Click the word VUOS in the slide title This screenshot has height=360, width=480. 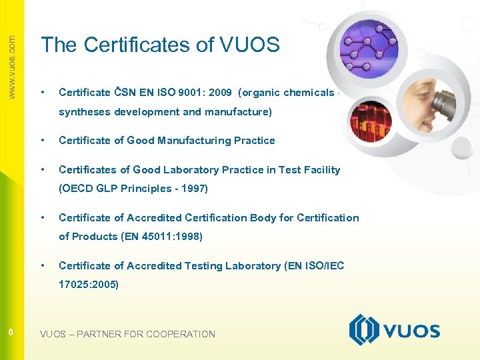click(249, 45)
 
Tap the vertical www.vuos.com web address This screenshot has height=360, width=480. click(12, 67)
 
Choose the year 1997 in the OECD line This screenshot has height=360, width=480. click(197, 188)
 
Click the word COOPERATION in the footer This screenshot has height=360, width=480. click(181, 334)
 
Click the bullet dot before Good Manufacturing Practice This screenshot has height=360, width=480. click(43, 140)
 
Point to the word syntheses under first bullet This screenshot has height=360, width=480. click(85, 112)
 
